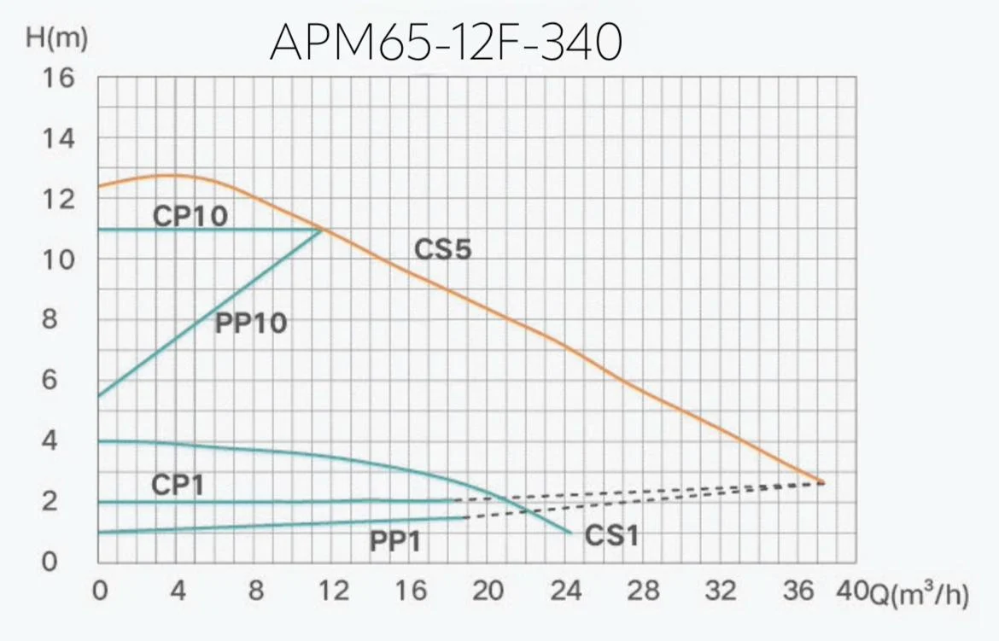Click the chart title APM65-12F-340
click(445, 43)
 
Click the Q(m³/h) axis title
click(919, 594)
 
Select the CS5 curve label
click(443, 250)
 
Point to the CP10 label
click(190, 216)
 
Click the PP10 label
click(250, 323)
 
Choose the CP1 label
click(178, 485)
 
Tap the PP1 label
click(395, 541)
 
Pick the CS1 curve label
click(612, 536)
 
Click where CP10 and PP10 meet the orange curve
click(322, 229)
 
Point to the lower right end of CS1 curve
click(570, 533)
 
